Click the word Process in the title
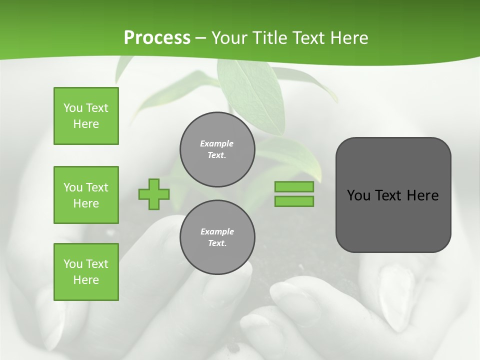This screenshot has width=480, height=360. (x=157, y=38)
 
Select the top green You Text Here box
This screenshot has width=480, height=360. (x=86, y=116)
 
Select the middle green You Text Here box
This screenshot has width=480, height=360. (x=86, y=195)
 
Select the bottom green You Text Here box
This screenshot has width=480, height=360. (x=86, y=272)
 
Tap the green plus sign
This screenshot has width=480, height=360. (x=154, y=194)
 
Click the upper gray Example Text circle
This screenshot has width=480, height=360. (x=217, y=149)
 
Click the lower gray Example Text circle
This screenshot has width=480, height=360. (x=217, y=237)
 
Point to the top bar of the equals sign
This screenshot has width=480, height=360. (x=294, y=186)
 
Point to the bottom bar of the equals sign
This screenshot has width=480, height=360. (x=294, y=201)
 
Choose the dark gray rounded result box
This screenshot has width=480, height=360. (x=393, y=220)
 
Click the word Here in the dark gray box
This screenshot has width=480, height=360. (x=422, y=195)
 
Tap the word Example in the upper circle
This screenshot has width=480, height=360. (x=217, y=143)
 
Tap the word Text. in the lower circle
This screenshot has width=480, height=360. (x=217, y=243)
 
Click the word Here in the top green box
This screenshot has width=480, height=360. (x=86, y=124)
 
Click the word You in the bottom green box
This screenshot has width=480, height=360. (x=73, y=264)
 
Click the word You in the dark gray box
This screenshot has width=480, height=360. (x=358, y=195)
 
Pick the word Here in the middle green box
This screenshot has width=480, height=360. (x=86, y=203)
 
